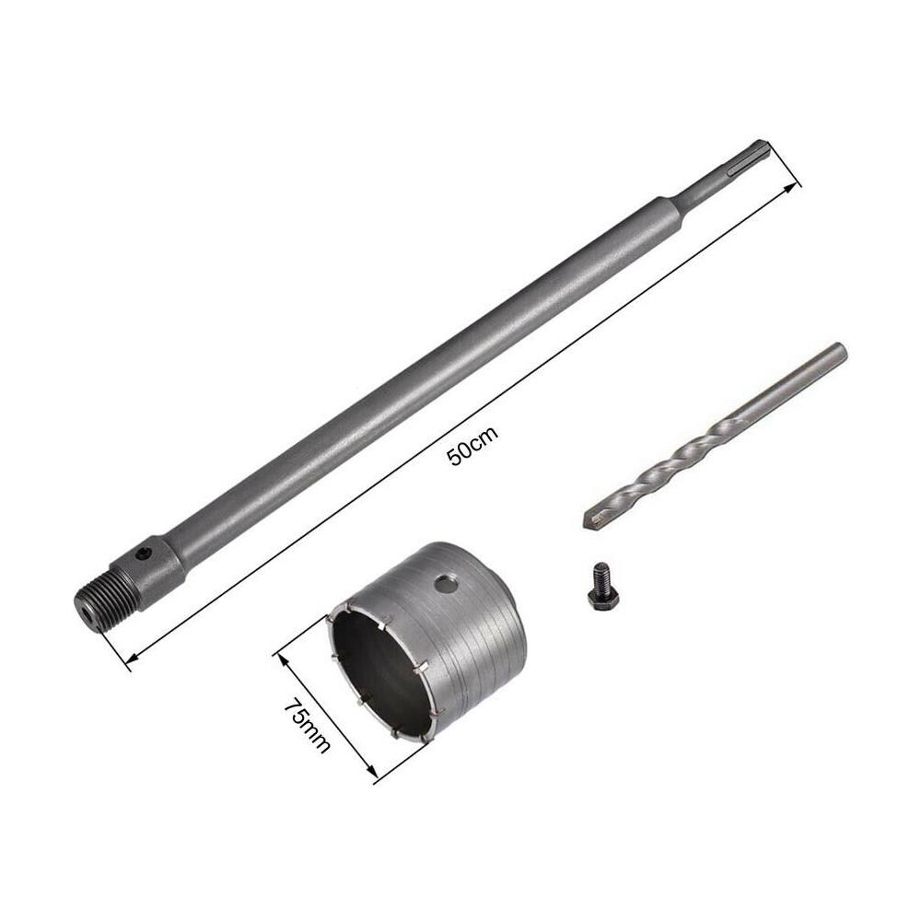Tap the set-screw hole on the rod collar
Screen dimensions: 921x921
143,555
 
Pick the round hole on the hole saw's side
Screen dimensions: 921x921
447,582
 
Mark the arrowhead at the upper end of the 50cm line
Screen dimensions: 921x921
792,187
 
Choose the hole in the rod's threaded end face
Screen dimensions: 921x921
85,608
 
